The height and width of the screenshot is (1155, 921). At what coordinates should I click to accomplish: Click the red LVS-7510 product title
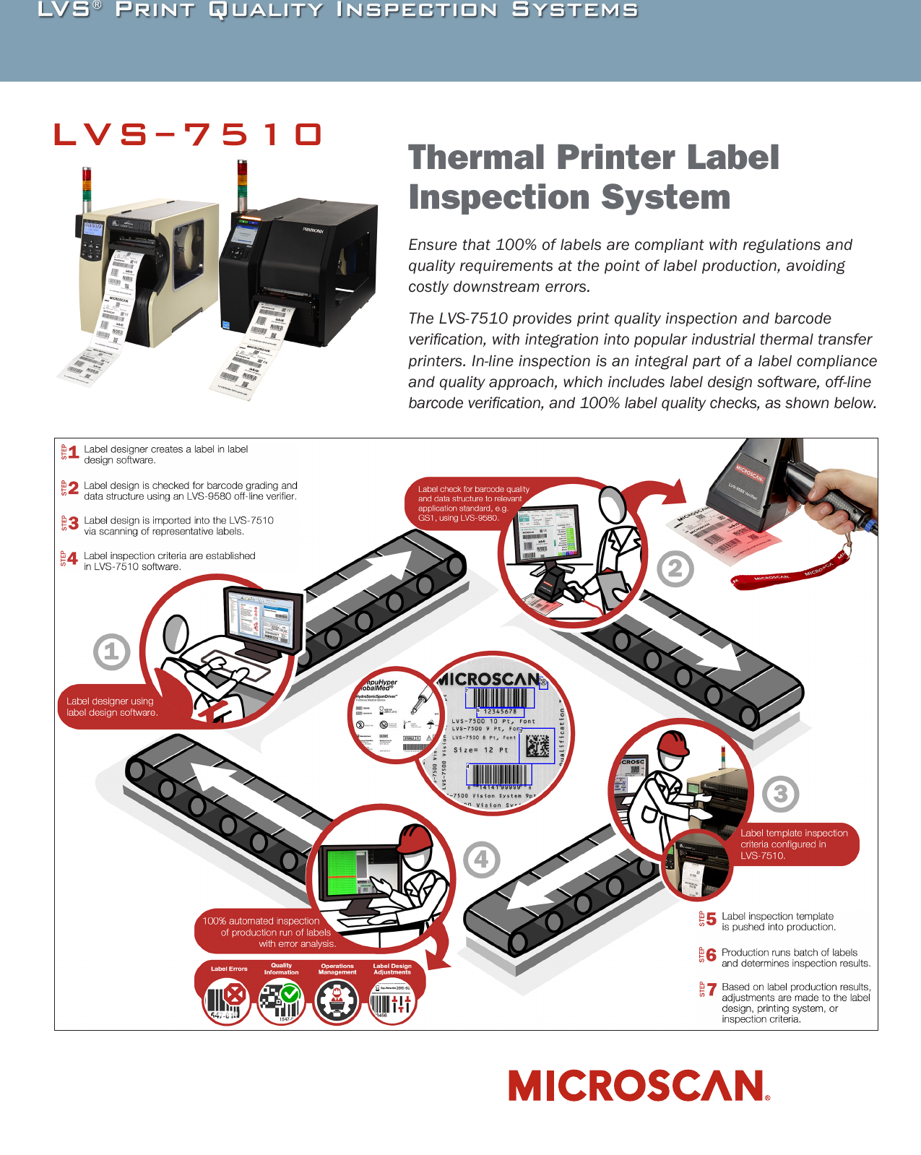[x=188, y=134]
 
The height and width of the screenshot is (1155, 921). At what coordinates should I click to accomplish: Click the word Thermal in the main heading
[x=476, y=157]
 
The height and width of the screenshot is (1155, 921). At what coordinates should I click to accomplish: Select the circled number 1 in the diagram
[x=111, y=652]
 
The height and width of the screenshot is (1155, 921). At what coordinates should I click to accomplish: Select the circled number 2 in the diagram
[x=675, y=569]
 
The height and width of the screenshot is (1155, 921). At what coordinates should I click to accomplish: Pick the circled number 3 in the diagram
[x=780, y=794]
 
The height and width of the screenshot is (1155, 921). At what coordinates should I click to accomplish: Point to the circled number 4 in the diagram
[x=482, y=860]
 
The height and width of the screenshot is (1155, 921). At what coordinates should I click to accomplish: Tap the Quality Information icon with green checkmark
[x=281, y=1000]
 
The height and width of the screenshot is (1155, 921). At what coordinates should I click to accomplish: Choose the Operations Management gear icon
[x=336, y=1001]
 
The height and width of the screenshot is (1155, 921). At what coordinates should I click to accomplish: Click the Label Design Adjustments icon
[x=392, y=1001]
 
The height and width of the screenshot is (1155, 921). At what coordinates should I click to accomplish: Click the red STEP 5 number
[x=712, y=920]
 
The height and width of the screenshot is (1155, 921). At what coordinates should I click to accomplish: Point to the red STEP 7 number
[x=712, y=990]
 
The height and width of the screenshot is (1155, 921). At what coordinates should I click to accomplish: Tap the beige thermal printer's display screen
[x=94, y=229]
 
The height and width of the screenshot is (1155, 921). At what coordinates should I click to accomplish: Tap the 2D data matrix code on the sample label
[x=537, y=745]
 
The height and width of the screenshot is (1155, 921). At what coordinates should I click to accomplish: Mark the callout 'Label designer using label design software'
[x=112, y=706]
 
